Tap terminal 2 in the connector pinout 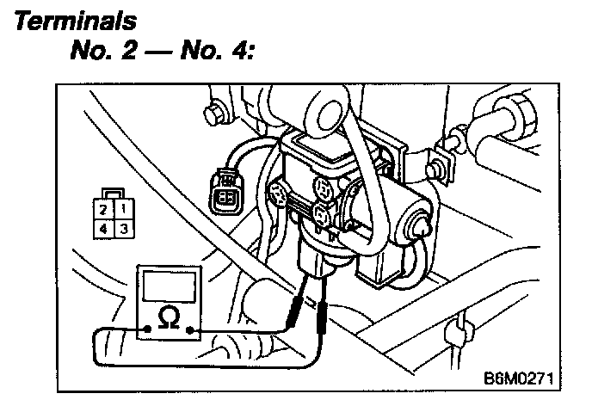click(x=102, y=208)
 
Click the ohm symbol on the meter click(x=170, y=320)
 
